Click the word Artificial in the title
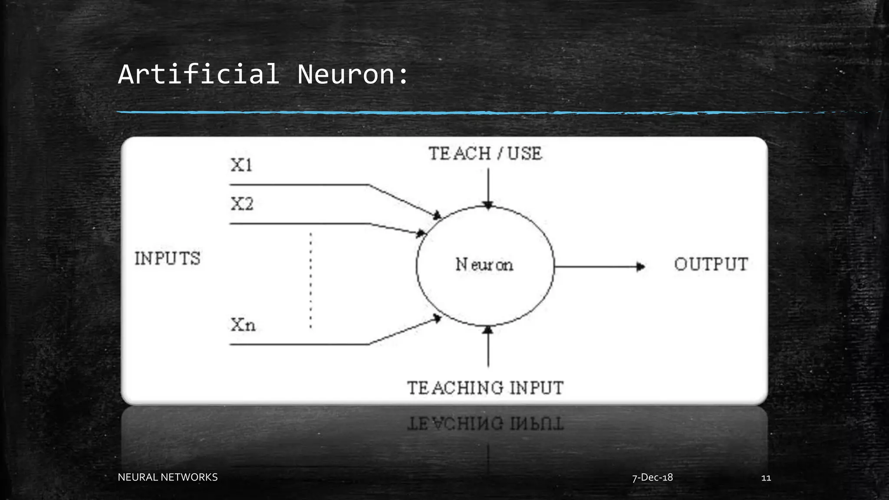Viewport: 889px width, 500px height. pyautogui.click(x=198, y=74)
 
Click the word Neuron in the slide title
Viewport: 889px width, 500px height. pyautogui.click(x=346, y=74)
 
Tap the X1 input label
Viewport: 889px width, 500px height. pyautogui.click(x=241, y=165)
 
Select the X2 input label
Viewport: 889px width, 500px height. pyautogui.click(x=242, y=204)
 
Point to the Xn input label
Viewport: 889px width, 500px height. pyautogui.click(x=243, y=325)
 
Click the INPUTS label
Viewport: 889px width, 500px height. pyautogui.click(x=168, y=259)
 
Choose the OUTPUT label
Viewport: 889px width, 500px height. pyautogui.click(x=711, y=264)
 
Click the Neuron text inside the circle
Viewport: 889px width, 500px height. pyautogui.click(x=484, y=264)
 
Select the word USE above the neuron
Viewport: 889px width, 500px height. pyautogui.click(x=525, y=154)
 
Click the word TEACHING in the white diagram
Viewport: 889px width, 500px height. pyautogui.click(x=455, y=388)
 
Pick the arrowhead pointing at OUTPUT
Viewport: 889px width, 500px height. pyautogui.click(x=640, y=266)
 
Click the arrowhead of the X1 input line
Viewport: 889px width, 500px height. pyautogui.click(x=437, y=215)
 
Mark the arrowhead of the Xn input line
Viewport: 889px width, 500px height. pyautogui.click(x=437, y=319)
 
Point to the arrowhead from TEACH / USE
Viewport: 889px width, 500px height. pyautogui.click(x=488, y=205)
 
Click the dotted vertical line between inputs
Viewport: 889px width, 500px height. pyautogui.click(x=311, y=280)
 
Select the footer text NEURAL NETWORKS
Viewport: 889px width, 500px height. pyautogui.click(x=168, y=477)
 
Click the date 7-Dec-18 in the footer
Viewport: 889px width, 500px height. pyautogui.click(x=652, y=477)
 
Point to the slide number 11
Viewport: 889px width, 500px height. pyautogui.click(x=766, y=478)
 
